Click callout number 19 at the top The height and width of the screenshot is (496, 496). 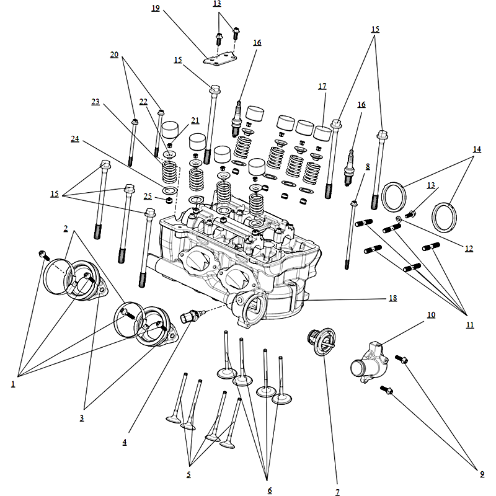155,8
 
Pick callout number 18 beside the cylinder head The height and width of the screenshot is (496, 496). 392,298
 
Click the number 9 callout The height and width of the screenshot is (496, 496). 482,475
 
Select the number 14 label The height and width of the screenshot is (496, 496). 477,149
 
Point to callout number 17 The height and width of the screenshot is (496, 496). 322,87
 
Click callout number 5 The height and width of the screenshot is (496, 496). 188,475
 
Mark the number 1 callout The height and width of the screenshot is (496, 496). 12,384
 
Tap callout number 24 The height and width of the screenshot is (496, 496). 75,139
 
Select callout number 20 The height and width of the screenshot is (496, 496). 114,55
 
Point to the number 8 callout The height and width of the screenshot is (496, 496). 368,166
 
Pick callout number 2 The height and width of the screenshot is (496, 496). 66,228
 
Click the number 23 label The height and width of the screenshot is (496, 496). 95,102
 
